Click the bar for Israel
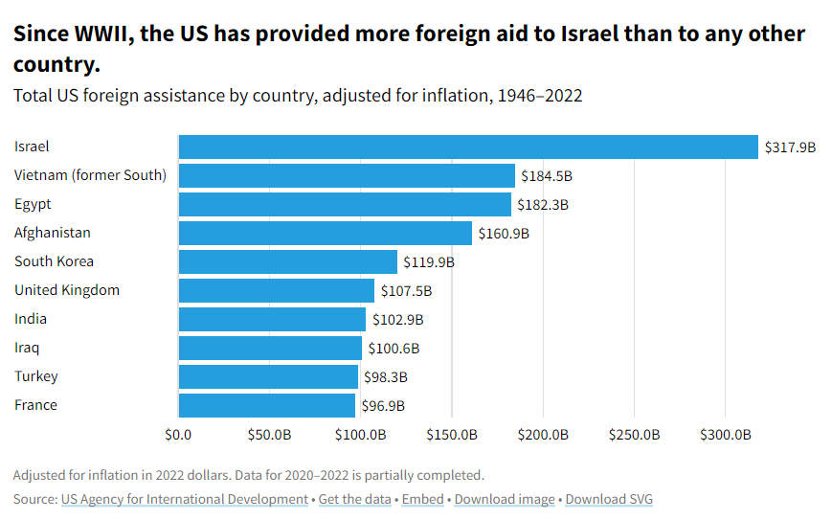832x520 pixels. (468, 147)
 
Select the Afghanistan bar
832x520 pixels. (326, 233)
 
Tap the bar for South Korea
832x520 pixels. (288, 261)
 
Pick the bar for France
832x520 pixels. (267, 405)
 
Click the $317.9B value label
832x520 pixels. (790, 147)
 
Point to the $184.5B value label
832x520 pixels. (546, 176)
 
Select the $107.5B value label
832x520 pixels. (406, 291)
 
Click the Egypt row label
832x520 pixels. (33, 204)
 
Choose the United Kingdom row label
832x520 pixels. (67, 290)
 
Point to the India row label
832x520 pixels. (31, 319)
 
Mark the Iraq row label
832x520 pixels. (27, 348)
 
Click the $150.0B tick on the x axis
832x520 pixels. (452, 435)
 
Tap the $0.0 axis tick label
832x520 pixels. (178, 435)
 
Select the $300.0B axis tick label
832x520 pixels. (726, 435)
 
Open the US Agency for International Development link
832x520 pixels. (184, 499)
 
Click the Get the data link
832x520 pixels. (354, 499)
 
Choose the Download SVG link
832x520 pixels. (609, 499)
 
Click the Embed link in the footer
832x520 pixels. (422, 499)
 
